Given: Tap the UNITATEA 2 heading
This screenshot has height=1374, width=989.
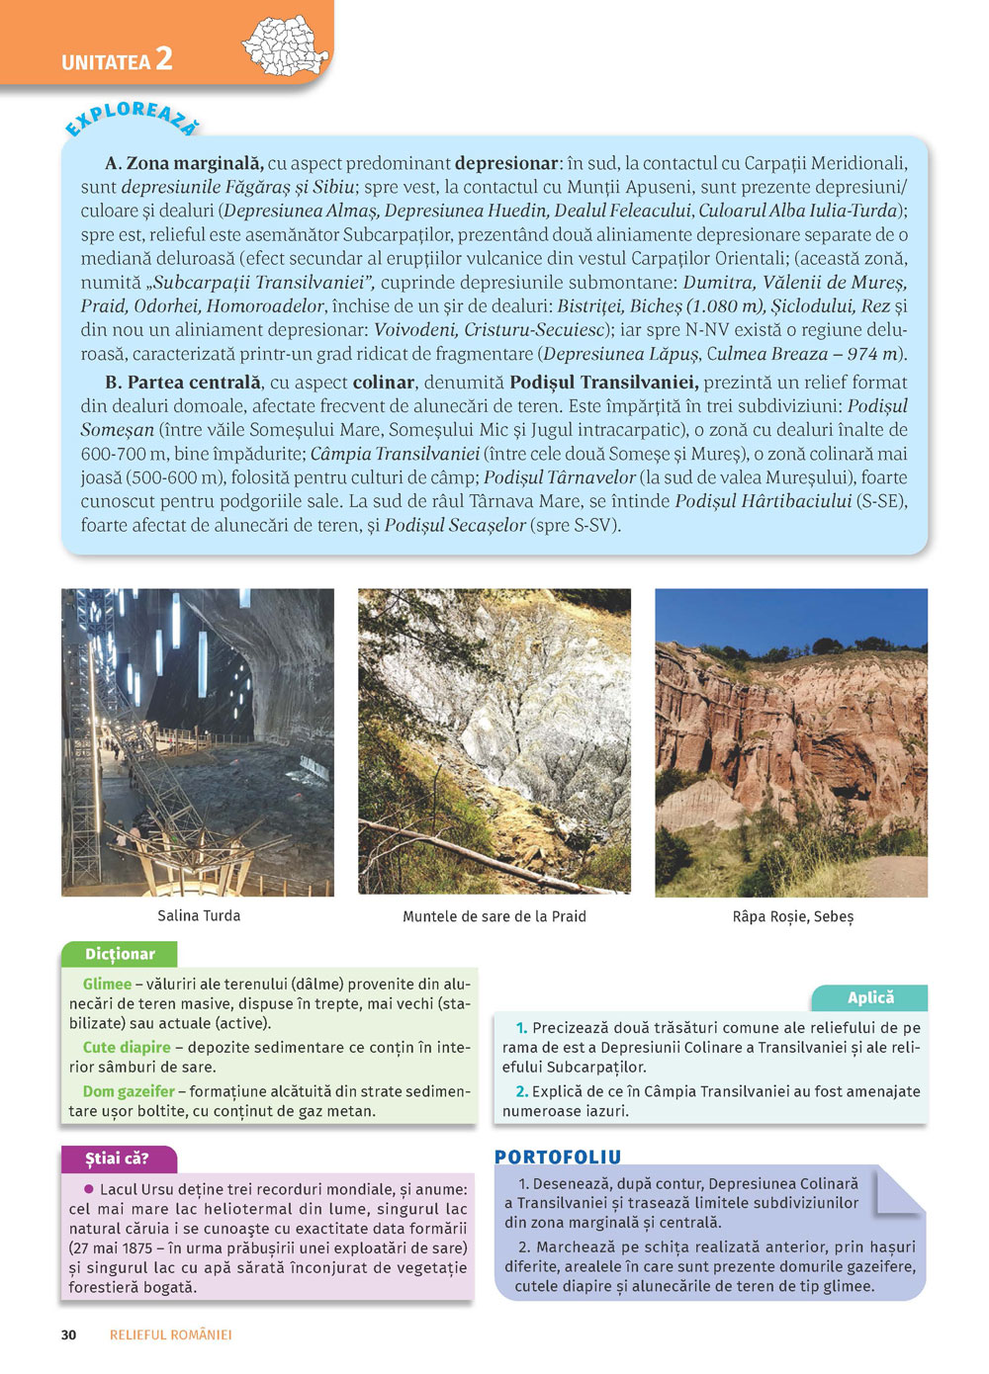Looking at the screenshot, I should click(117, 60).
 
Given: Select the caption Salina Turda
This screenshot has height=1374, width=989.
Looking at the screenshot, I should click(199, 916).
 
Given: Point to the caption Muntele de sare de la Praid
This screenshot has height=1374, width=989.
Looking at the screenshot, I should click(494, 917).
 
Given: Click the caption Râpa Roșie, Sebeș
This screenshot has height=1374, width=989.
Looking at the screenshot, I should click(792, 917).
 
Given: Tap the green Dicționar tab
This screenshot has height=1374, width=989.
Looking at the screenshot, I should click(120, 955).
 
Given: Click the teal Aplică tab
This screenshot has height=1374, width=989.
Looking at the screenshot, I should click(870, 998).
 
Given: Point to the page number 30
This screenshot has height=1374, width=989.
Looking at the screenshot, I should click(68, 1335).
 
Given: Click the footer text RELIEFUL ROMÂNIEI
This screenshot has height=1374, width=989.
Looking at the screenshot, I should click(171, 1335).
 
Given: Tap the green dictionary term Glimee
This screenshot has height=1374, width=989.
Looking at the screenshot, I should click(107, 985).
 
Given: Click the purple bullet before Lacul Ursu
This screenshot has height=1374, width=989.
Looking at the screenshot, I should click(89, 1189).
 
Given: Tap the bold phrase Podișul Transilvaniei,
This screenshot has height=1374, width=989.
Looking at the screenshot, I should click(604, 383).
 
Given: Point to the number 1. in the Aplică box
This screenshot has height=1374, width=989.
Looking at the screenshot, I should click(522, 1028).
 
